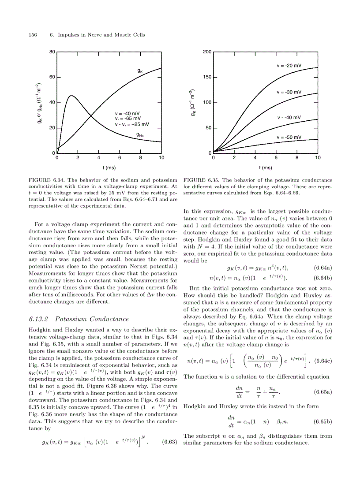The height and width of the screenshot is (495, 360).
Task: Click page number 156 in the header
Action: coord(32,35)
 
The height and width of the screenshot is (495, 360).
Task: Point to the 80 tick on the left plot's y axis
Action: coord(52,52)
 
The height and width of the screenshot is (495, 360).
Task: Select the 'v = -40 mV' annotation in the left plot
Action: coord(128,113)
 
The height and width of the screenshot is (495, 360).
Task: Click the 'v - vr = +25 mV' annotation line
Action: coord(132,124)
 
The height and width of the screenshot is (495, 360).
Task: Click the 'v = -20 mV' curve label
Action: coord(289,66)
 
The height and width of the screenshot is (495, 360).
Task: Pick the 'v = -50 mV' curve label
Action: coord(289,137)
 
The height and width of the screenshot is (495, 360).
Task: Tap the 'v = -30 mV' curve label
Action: coord(289,92)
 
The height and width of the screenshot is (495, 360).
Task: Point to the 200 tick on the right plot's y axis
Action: coord(207,52)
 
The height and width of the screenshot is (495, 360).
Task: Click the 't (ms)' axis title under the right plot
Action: coord(265,167)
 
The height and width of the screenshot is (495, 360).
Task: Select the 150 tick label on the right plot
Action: coord(207,77)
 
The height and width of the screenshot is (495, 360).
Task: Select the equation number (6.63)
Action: coord(170,442)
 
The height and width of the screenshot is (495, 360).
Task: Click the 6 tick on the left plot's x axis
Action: coord(120,158)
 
